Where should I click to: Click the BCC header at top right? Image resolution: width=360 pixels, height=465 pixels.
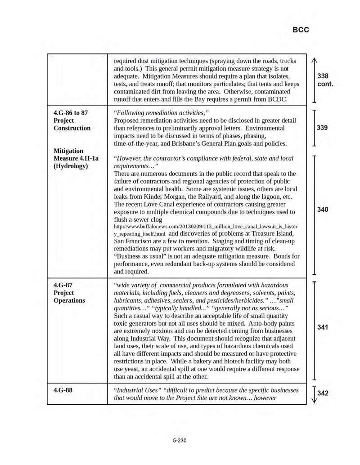click(x=301, y=30)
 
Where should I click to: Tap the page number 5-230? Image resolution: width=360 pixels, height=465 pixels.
click(x=180, y=440)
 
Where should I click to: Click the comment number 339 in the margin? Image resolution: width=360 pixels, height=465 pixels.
click(x=322, y=128)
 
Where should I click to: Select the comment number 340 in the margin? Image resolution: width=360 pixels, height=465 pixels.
click(x=322, y=210)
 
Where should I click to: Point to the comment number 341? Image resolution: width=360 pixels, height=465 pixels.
click(x=322, y=327)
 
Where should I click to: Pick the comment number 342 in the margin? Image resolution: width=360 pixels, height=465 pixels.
click(x=323, y=393)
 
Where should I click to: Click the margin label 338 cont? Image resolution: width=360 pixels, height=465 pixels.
click(x=324, y=80)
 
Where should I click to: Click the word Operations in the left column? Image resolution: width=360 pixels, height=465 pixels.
click(x=69, y=300)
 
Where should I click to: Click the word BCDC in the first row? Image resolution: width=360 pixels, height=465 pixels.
click(x=277, y=98)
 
